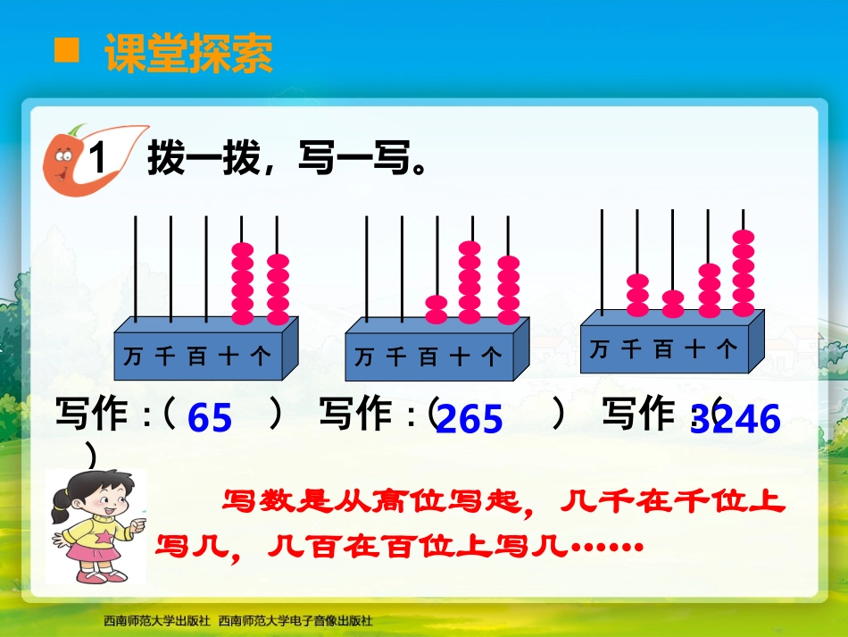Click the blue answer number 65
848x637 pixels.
[x=211, y=418]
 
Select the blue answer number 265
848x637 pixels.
[x=470, y=419]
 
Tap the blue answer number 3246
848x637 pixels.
[x=736, y=419]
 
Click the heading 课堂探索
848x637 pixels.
[x=188, y=54]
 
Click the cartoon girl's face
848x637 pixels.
[x=93, y=492]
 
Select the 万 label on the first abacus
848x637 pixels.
[x=133, y=356]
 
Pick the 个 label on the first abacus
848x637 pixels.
[x=261, y=356]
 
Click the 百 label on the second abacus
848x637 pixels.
[x=428, y=358]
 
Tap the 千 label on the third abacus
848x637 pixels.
[x=631, y=349]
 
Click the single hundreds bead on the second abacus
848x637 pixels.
[x=436, y=309]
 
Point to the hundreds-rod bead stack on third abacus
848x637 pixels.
[x=674, y=304]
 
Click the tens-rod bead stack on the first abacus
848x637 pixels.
[x=243, y=282]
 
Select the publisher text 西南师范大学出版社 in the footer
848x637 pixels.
[x=157, y=620]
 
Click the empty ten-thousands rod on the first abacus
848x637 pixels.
[x=135, y=268]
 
